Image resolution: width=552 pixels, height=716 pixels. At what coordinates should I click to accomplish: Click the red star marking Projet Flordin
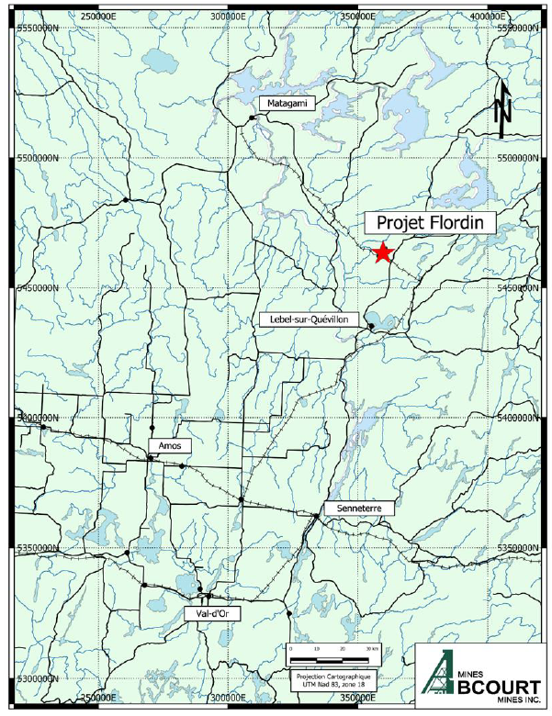[x=383, y=253]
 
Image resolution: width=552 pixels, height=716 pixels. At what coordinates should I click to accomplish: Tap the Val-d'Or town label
[x=212, y=613]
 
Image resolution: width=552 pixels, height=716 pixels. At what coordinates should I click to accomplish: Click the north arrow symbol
[x=501, y=108]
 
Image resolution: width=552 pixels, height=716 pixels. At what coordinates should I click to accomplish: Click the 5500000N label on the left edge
[x=39, y=158]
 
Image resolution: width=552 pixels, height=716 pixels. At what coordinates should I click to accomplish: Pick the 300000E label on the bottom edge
[x=226, y=699]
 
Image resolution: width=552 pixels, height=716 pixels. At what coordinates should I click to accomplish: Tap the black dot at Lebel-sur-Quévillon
[x=370, y=326]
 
